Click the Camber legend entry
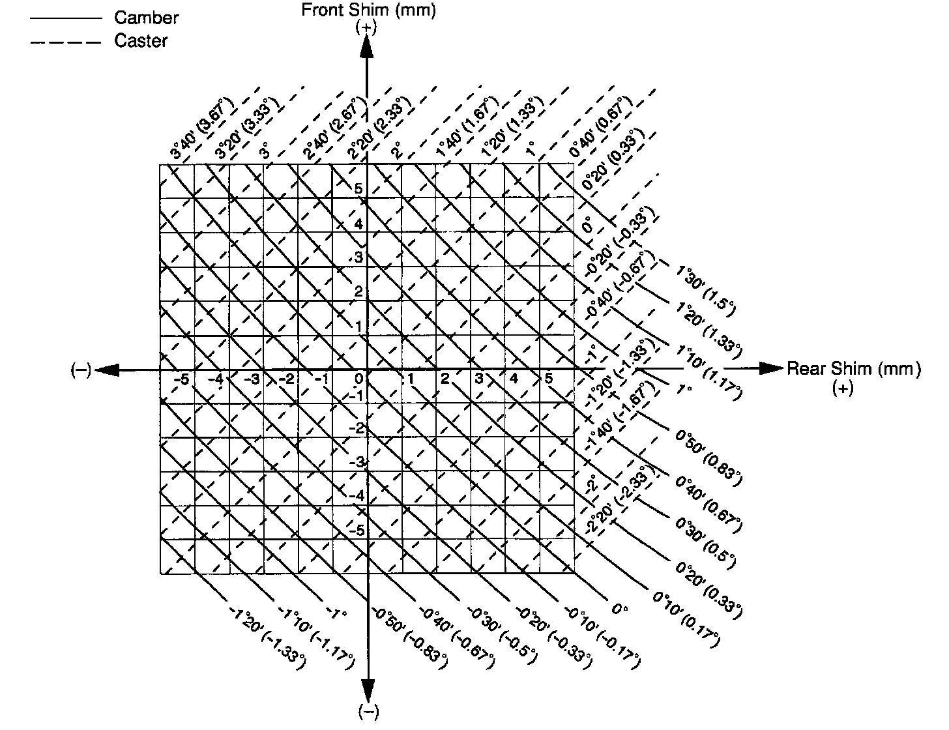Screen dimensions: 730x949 click(146, 18)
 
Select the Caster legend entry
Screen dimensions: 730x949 click(141, 41)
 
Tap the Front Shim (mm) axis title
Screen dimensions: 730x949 click(368, 10)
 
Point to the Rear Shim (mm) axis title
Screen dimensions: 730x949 click(854, 369)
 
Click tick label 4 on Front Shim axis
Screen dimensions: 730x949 click(358, 224)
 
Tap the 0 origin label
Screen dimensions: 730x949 click(358, 379)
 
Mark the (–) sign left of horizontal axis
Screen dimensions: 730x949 click(81, 370)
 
